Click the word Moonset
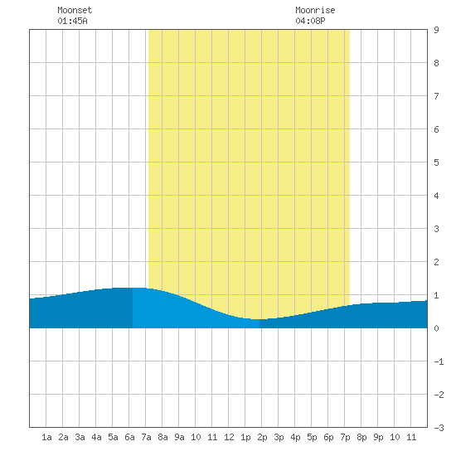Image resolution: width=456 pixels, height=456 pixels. pos(75,10)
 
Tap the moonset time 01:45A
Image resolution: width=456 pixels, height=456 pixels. pos(72,21)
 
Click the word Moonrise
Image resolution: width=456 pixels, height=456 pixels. pos(315,10)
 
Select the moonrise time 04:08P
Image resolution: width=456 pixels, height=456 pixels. pos(310,21)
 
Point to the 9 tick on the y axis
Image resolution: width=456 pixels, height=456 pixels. pos(436,30)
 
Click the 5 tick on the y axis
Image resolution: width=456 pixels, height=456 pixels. pos(436,163)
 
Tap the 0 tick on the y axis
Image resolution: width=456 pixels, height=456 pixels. pos(436,328)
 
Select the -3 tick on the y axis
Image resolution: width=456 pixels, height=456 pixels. pos(439,428)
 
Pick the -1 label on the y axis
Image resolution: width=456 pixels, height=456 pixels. pos(439,361)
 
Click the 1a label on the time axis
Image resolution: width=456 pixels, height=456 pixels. pos(46,437)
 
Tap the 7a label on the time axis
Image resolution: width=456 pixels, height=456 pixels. pos(146,437)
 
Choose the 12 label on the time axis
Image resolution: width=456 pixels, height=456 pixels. pos(229,437)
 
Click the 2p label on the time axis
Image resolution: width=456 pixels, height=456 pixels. pos(262,437)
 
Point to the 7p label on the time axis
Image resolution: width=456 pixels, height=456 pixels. pos(345,437)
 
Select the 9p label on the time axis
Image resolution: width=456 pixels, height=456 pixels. pos(378,437)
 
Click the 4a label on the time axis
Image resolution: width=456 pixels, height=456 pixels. pos(96,437)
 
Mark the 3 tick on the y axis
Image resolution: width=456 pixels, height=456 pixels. pos(436,229)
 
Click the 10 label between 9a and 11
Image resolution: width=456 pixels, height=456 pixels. pos(196,437)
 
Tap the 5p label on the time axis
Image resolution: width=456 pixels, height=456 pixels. pos(312,437)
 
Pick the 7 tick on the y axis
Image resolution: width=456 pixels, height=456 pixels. pos(436,96)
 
